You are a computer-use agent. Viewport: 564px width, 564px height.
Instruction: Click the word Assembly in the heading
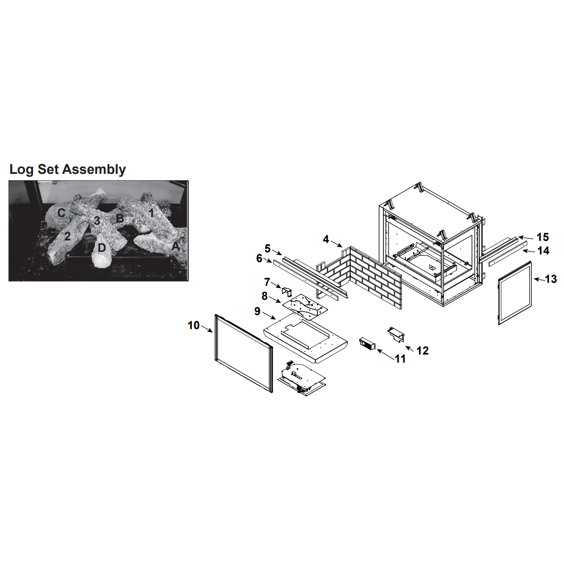pyautogui.click(x=94, y=170)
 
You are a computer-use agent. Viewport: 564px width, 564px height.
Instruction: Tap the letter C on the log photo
pyautogui.click(x=61, y=213)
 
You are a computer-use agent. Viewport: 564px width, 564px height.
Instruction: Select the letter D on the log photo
pyautogui.click(x=101, y=248)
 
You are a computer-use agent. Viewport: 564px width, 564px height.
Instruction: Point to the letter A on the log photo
pyautogui.click(x=175, y=246)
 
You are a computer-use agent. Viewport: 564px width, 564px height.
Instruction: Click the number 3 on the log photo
pyautogui.click(x=97, y=221)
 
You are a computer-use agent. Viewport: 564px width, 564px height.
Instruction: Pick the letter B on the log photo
pyautogui.click(x=120, y=218)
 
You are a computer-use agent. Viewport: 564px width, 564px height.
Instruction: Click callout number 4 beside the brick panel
pyautogui.click(x=326, y=239)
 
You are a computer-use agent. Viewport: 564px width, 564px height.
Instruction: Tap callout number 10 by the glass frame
pyautogui.click(x=193, y=325)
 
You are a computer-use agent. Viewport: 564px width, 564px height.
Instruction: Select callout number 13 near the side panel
pyautogui.click(x=551, y=279)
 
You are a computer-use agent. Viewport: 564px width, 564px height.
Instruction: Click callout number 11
pyautogui.click(x=400, y=359)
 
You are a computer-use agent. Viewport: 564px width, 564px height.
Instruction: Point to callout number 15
pyautogui.click(x=543, y=237)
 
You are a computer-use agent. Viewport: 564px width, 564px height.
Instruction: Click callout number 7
pyautogui.click(x=267, y=282)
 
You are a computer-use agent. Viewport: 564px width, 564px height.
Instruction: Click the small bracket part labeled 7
pyautogui.click(x=287, y=291)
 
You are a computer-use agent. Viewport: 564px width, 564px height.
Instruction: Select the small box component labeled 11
pyautogui.click(x=368, y=344)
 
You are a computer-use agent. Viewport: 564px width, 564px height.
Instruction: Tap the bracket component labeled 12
pyautogui.click(x=396, y=334)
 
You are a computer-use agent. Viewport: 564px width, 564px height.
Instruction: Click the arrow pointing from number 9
pyautogui.click(x=268, y=316)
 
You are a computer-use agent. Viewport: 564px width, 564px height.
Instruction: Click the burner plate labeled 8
pyautogui.click(x=304, y=307)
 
